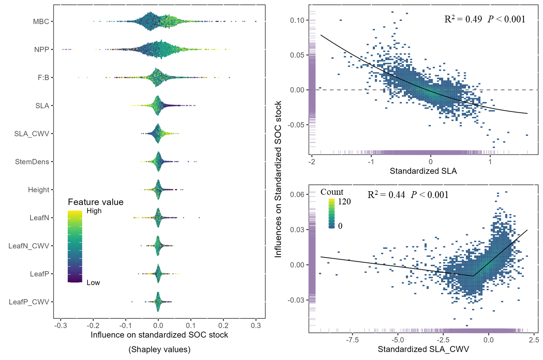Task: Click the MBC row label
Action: pos(41,22)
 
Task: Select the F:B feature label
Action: pos(43,78)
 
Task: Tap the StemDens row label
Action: pos(32,162)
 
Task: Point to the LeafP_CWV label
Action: pos(29,302)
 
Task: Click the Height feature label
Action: pos(38,190)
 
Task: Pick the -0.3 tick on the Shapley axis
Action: pos(60,326)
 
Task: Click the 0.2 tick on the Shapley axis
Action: pos(223,326)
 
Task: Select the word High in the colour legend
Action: pos(94,211)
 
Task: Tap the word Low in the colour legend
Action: pos(93,283)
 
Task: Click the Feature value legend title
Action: pos(96,202)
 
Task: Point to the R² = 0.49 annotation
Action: pos(463,19)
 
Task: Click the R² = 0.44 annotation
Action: pos(386,195)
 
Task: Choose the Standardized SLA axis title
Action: pos(423,171)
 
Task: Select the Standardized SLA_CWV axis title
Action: pos(423,349)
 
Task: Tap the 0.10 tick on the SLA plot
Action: pos(297,20)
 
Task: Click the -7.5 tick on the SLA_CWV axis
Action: pos(352,340)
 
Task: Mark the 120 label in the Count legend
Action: pos(344,202)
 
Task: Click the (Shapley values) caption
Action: pos(159,350)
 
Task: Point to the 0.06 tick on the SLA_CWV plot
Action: pos(297,194)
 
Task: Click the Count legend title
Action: pos(332,192)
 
